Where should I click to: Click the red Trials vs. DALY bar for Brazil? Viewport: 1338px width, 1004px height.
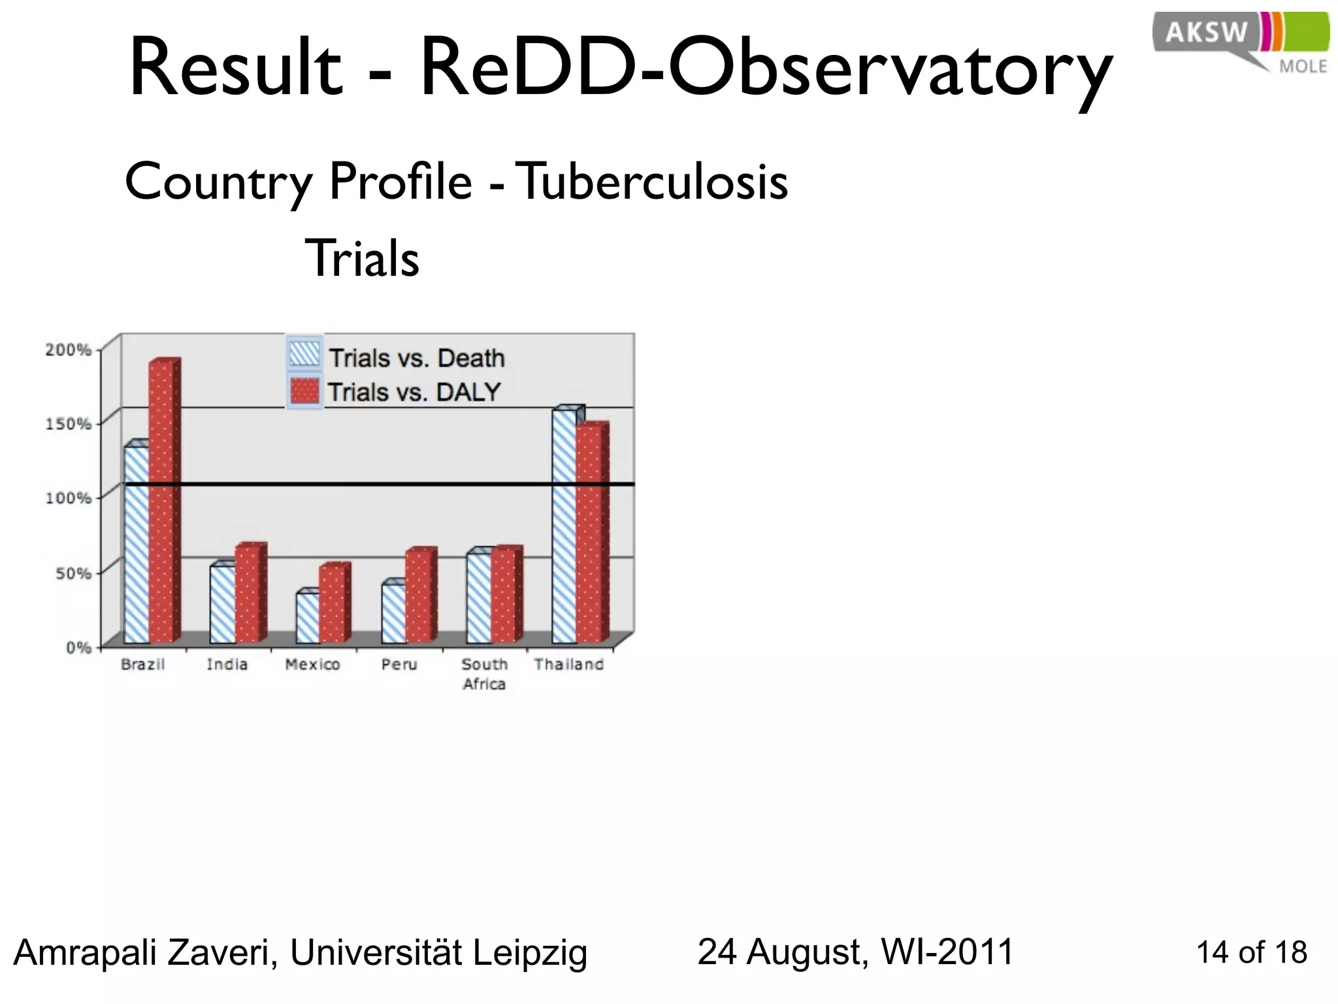pos(161,503)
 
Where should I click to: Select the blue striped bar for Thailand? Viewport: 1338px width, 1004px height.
pos(564,526)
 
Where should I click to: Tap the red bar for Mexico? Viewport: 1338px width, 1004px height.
pos(332,605)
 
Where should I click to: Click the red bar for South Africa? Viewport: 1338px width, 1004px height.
pos(503,596)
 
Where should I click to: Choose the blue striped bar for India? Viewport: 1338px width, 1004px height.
pos(222,604)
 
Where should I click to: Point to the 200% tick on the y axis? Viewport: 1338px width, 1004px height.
pos(68,350)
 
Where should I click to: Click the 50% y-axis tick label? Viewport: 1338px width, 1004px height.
pos(72,573)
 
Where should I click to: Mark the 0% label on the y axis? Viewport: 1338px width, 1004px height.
pos(78,647)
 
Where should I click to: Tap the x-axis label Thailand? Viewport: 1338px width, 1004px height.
pos(568,665)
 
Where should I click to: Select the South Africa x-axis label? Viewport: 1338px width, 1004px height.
pos(484,674)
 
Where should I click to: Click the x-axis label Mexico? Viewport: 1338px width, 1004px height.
pos(312,665)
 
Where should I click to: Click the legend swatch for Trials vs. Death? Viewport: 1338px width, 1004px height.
pos(304,355)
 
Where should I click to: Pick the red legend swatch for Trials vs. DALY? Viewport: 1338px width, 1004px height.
pos(304,391)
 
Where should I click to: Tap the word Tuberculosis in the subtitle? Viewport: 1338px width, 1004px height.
pos(653,182)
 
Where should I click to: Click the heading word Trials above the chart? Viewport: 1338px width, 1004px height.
pos(362,259)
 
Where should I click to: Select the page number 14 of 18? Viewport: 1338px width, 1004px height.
pos(1251,952)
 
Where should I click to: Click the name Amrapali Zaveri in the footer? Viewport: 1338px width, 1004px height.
pos(144,952)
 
